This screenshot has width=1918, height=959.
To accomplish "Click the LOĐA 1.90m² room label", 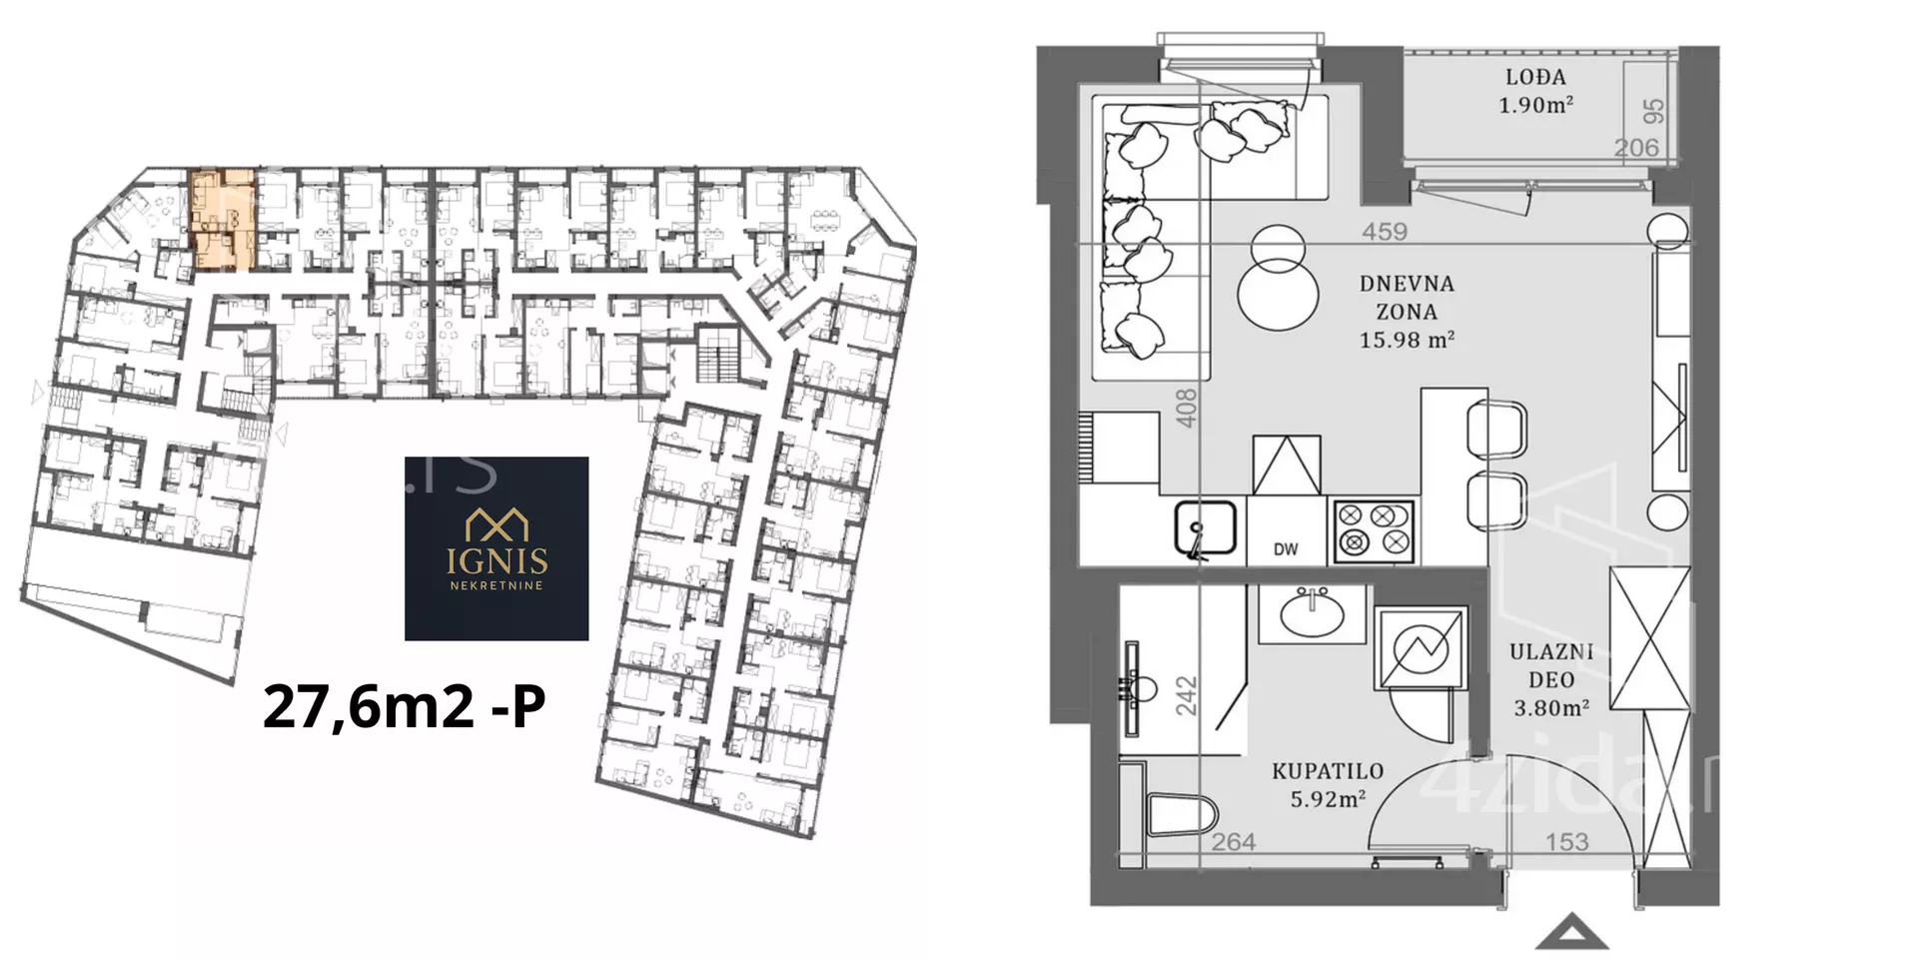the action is (1535, 91).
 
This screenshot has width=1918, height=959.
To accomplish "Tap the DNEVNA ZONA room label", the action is (1407, 312).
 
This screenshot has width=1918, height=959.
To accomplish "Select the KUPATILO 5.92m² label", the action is (1328, 785).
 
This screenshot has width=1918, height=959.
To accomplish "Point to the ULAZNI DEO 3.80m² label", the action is (1551, 680).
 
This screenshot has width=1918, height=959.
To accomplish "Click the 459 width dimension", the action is (1385, 232).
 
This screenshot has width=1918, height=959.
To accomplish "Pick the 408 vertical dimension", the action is (1186, 409).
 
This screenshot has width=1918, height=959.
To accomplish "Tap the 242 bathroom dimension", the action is (1186, 696).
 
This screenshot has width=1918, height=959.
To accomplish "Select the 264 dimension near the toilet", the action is (1234, 842).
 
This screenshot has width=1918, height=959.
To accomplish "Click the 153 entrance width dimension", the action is (1566, 842).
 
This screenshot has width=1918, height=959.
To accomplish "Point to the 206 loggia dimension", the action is (1636, 148).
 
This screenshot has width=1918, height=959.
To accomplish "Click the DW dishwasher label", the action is (1286, 549).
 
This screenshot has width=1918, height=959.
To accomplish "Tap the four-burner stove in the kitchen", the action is (1374, 529).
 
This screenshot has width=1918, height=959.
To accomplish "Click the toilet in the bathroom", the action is (1180, 814).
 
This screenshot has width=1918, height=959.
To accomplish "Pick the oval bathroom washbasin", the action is (1312, 614).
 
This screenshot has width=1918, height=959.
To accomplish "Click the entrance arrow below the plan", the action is (1571, 932).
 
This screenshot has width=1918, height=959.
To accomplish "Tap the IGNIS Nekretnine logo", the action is (496, 548).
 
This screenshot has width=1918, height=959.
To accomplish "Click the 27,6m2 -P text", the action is (405, 706).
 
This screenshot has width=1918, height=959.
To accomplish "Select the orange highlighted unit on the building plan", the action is (222, 220).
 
